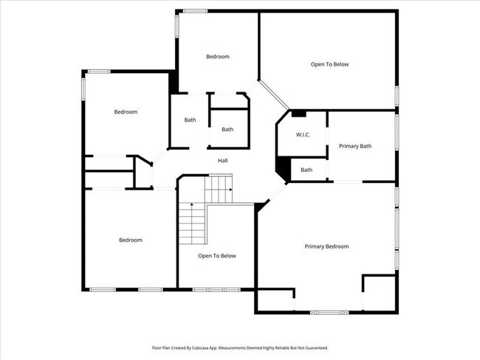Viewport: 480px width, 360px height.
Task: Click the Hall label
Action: (x=222, y=161)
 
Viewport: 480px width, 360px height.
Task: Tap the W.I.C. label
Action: (x=303, y=135)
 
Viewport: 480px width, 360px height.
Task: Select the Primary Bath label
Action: (x=355, y=146)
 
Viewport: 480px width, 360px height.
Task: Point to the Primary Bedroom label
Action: (x=326, y=246)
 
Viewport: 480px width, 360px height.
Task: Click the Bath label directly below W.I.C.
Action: (x=306, y=170)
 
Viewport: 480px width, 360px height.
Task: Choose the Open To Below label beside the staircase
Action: (x=217, y=256)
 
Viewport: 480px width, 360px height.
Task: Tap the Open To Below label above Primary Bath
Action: (x=329, y=64)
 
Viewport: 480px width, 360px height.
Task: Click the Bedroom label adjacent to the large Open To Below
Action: (x=218, y=57)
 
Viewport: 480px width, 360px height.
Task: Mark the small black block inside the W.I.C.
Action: (x=298, y=114)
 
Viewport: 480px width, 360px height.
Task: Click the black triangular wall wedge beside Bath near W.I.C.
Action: (x=282, y=170)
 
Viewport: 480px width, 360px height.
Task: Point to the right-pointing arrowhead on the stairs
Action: (x=231, y=190)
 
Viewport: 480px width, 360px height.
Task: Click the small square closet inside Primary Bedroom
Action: (x=379, y=289)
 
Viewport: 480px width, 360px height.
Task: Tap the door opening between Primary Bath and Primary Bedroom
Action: (x=348, y=181)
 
